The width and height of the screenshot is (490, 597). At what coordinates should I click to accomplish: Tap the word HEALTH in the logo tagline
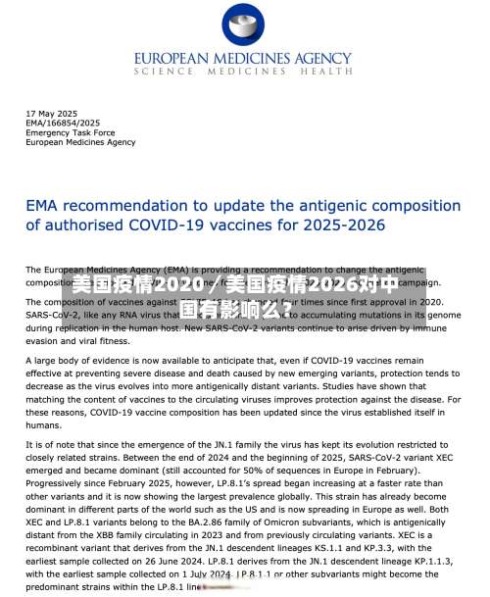[x=326, y=72]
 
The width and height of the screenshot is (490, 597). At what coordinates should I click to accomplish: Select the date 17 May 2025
[x=50, y=114]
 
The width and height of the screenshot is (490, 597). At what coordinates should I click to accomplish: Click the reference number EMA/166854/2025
[x=64, y=124]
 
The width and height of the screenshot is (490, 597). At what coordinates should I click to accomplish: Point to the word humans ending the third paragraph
[x=43, y=425]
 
